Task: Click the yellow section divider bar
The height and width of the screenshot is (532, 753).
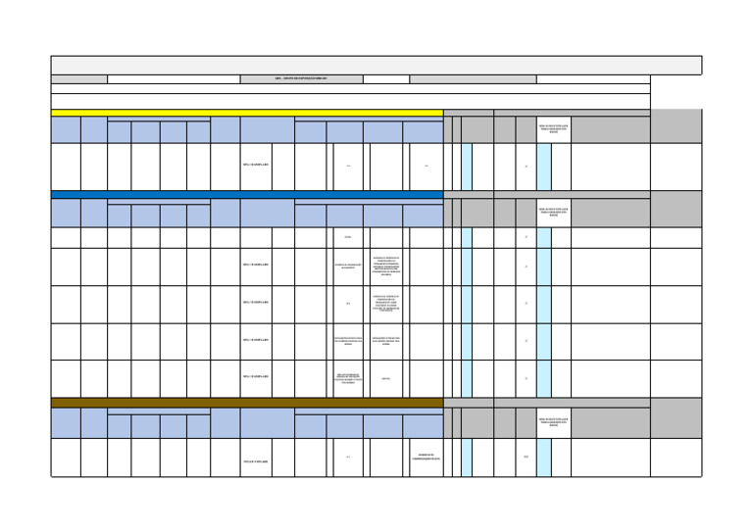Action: (x=246, y=113)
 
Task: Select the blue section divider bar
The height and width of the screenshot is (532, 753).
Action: (x=246, y=194)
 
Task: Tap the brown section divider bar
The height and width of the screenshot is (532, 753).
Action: (x=246, y=402)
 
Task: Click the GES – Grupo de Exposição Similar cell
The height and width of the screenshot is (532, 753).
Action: (x=301, y=78)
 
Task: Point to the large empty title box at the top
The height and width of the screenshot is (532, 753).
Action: (x=376, y=65)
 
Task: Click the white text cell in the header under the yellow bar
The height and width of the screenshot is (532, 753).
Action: (x=553, y=130)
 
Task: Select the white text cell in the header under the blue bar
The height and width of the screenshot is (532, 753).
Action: (x=553, y=212)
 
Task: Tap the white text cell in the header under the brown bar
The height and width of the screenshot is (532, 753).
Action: (x=553, y=422)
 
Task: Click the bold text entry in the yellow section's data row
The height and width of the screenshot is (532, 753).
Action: (x=255, y=166)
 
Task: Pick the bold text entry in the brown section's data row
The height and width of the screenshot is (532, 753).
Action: (x=255, y=460)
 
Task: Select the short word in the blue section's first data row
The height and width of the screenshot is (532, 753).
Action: (x=348, y=237)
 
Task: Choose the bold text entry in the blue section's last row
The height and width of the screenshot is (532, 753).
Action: (x=255, y=377)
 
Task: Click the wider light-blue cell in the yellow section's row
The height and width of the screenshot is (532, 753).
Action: (x=543, y=167)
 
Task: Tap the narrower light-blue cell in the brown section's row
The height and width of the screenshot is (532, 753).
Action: (x=467, y=458)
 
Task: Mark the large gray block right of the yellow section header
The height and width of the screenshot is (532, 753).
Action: (x=676, y=126)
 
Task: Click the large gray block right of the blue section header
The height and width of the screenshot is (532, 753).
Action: (x=676, y=208)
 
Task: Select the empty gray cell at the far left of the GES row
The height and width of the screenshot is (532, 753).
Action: (x=78, y=78)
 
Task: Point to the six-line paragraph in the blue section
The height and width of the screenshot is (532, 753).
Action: (x=385, y=266)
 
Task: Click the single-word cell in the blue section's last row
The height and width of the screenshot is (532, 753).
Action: (x=385, y=379)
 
